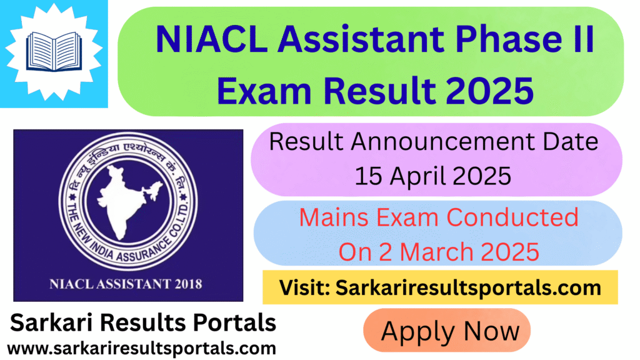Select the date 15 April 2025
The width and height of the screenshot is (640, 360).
point(433,176)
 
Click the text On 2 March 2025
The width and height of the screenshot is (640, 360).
point(438,251)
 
